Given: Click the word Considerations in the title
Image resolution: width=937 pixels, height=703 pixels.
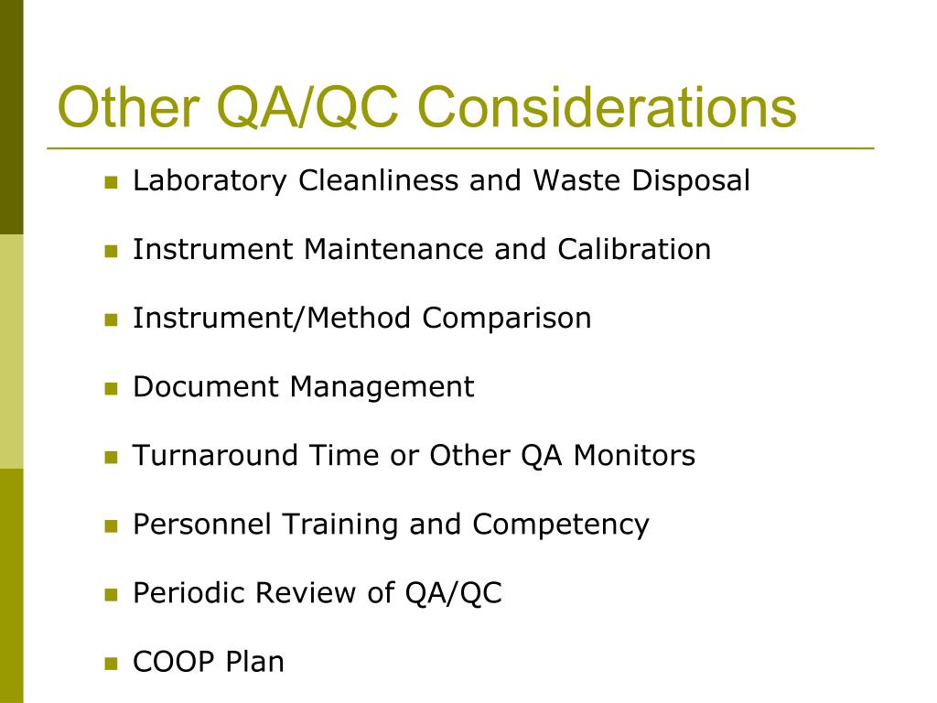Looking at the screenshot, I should pos(607,107).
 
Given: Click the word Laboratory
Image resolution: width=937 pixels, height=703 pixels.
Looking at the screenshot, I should pos(210,181).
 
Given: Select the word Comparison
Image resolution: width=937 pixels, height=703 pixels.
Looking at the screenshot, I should pos(506,319).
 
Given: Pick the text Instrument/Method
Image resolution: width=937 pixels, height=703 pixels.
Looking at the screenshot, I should pos(273,319).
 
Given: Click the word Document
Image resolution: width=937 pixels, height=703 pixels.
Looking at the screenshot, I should pos(207,387).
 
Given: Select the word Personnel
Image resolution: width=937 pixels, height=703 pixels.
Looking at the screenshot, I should pos(202,525).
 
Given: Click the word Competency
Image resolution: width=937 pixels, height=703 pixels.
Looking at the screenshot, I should pos(561,525).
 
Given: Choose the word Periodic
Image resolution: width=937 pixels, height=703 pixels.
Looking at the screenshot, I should pos(189,593).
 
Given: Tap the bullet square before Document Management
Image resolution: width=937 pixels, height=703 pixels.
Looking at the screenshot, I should pos(112,389).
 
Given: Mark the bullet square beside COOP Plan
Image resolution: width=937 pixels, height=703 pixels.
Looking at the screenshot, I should pos(112,664).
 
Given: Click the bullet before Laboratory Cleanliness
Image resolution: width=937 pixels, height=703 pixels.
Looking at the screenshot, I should pos(112,182).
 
